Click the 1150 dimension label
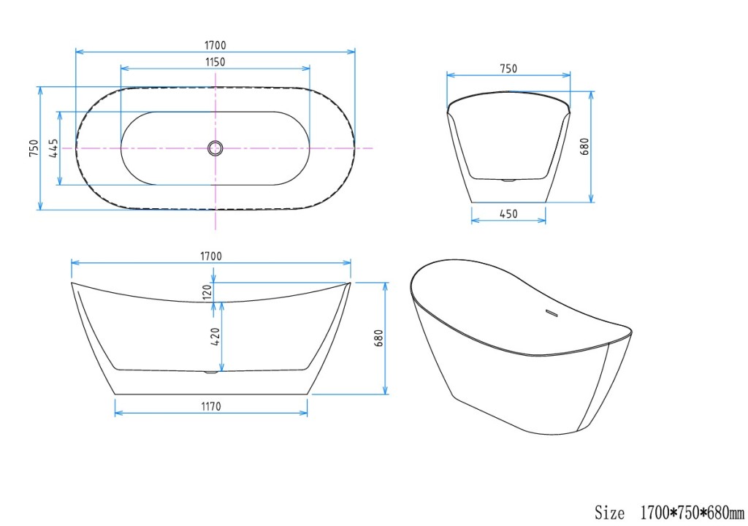point(215,61)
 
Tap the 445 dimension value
point(53,148)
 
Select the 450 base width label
point(508,214)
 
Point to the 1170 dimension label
point(211,406)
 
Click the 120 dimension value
point(207,292)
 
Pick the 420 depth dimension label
point(215,337)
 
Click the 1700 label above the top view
point(215,45)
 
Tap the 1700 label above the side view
point(211,256)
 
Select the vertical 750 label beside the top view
point(34,148)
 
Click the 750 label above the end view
point(508,69)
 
